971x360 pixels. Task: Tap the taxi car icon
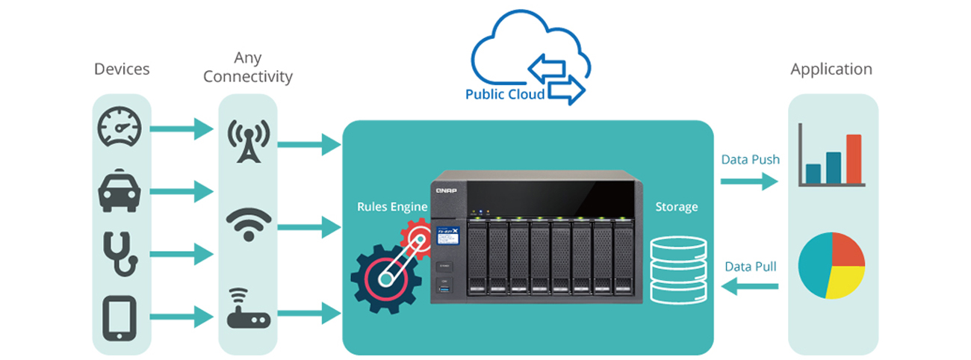point(120,191)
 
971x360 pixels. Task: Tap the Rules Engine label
point(392,207)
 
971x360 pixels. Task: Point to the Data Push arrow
point(749,181)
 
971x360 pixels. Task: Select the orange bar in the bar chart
point(854,159)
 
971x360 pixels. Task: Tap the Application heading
point(831,69)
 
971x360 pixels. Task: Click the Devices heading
point(122,69)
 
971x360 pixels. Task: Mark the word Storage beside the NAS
point(677,207)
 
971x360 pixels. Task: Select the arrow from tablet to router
point(182,316)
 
